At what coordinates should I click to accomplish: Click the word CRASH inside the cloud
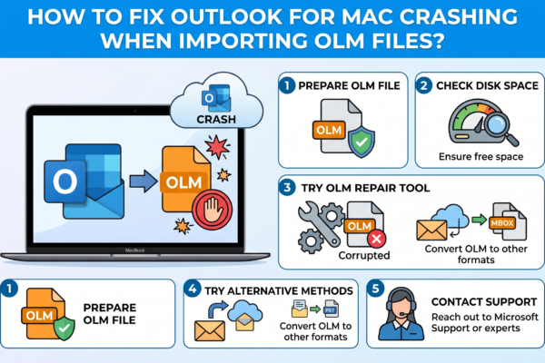click(x=216, y=119)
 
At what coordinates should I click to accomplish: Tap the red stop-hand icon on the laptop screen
click(x=213, y=210)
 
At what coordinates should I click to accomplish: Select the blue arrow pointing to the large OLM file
click(x=144, y=181)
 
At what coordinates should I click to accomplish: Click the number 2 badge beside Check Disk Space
click(x=424, y=85)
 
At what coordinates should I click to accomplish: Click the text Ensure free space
click(x=481, y=157)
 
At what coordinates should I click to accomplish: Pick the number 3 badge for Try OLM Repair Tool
click(x=287, y=188)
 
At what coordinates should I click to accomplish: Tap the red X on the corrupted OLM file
click(x=376, y=239)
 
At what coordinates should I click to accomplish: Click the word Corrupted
click(x=364, y=255)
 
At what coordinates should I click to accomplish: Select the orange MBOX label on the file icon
click(x=502, y=222)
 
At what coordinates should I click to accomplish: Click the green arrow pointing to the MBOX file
click(x=480, y=220)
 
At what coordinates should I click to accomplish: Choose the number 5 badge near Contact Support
click(x=375, y=289)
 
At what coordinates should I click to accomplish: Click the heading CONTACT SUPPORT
click(x=484, y=302)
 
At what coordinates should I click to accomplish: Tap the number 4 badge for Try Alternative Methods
click(x=193, y=289)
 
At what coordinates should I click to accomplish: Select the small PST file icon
click(x=331, y=309)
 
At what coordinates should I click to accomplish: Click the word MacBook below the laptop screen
click(x=135, y=250)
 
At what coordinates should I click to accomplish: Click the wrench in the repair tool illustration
click(x=318, y=223)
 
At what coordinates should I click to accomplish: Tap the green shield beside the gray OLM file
click(x=362, y=142)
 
